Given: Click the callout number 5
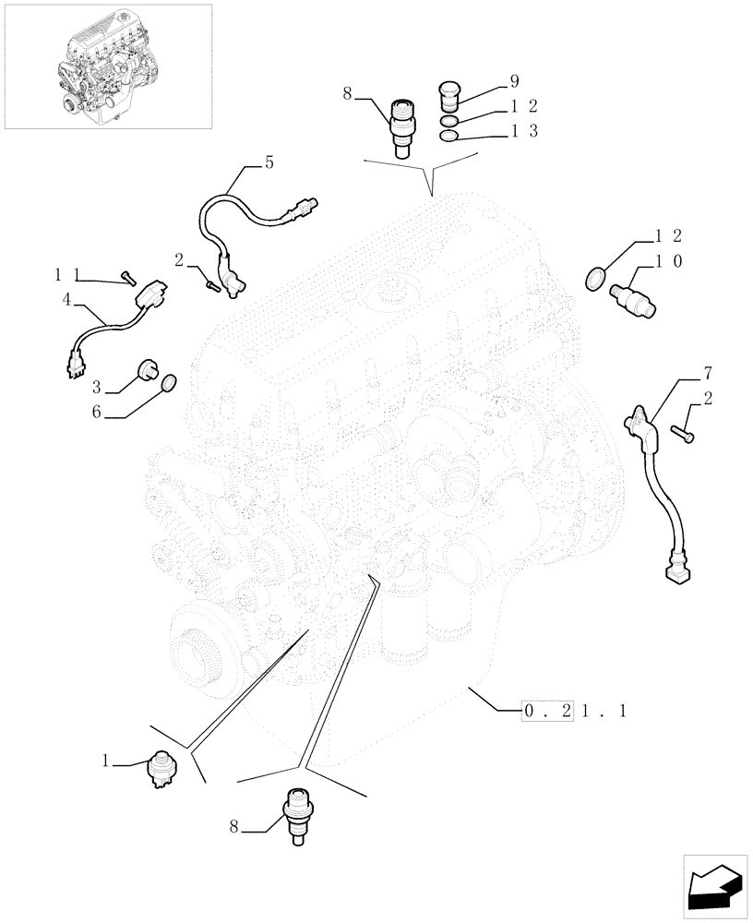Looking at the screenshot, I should [269, 163].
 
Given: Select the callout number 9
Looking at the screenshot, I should [514, 81].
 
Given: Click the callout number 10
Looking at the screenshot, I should [668, 262].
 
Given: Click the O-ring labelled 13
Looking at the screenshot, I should [448, 137].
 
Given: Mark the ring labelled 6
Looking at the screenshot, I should [168, 384].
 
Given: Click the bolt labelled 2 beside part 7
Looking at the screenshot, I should [682, 430].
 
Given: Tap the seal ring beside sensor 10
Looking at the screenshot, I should [597, 276].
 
